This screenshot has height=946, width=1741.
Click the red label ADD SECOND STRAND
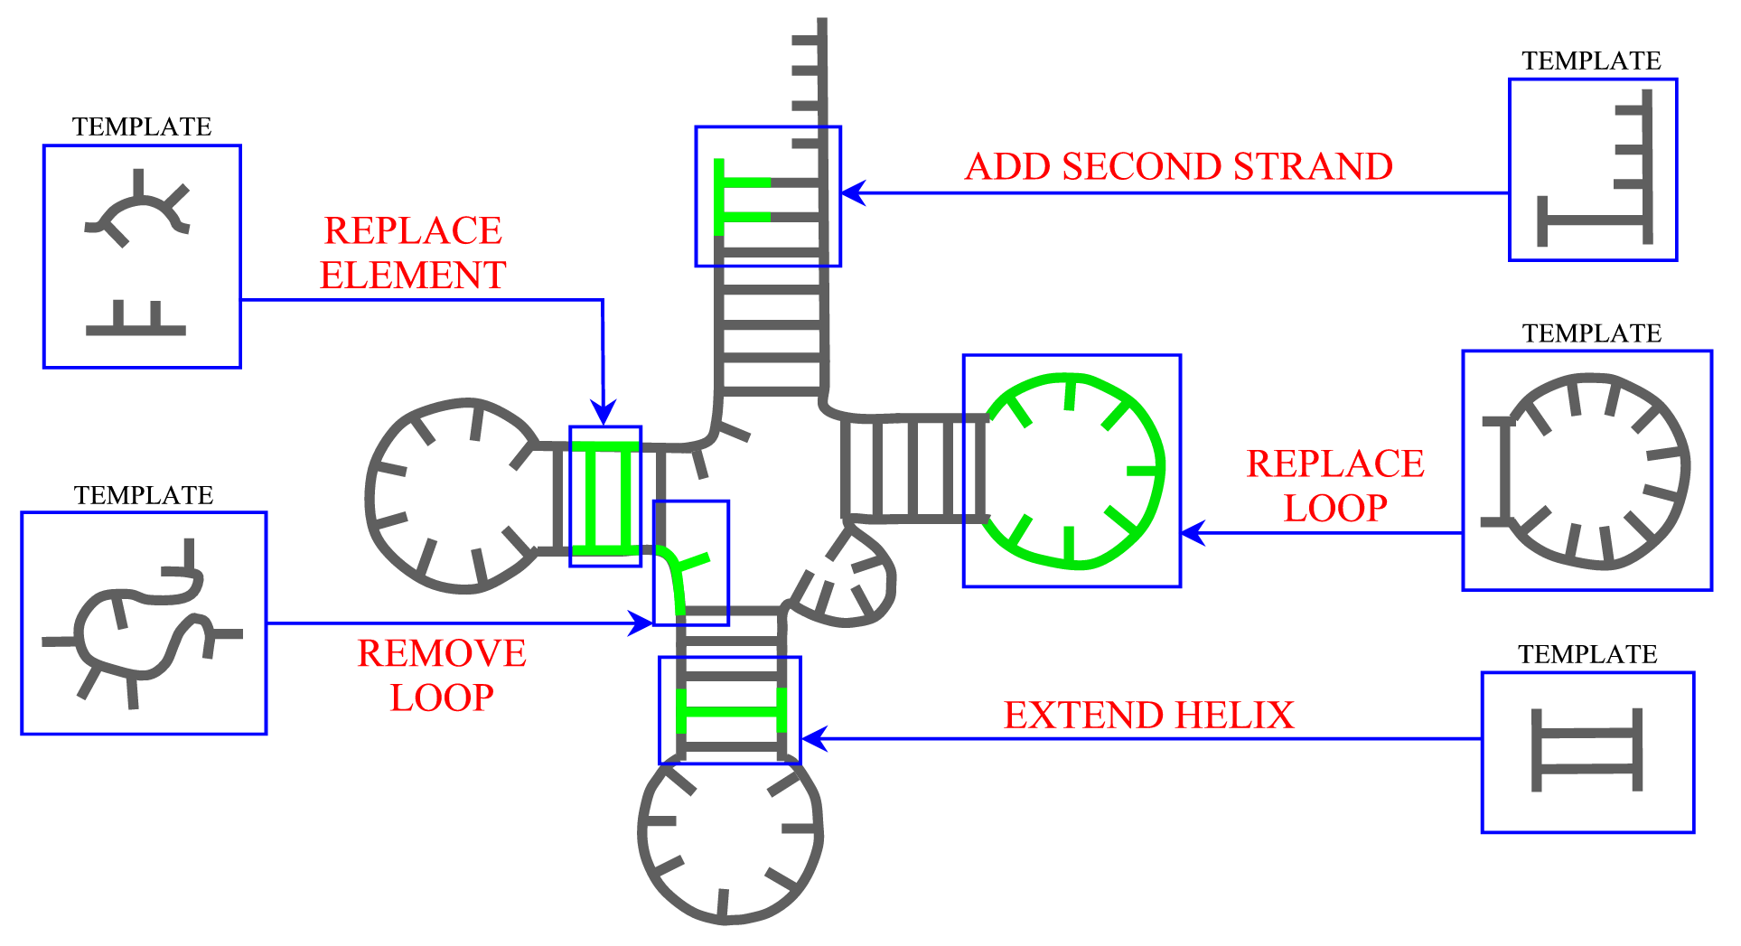click(1178, 166)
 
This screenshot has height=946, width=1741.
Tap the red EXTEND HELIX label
click(1148, 715)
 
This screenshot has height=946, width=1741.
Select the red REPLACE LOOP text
click(1335, 485)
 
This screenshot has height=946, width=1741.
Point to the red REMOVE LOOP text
click(442, 675)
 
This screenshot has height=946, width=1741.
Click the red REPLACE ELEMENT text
click(413, 253)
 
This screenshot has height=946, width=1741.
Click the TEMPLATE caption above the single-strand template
click(1591, 61)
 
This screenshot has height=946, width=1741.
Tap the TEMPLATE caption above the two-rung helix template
click(1587, 654)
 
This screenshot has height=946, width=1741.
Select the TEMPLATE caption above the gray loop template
click(1592, 333)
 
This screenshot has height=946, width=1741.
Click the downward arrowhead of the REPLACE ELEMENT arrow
click(604, 414)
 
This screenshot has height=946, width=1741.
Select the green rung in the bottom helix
click(731, 712)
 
